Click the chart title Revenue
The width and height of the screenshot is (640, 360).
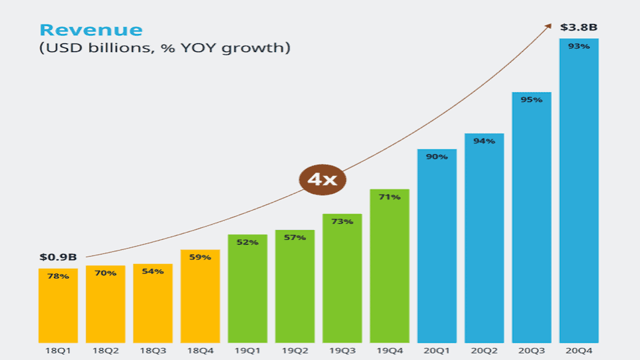(x=91, y=30)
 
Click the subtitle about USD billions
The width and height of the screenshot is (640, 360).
(x=165, y=49)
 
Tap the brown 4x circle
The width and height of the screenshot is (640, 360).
(x=322, y=179)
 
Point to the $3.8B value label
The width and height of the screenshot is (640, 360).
(x=578, y=27)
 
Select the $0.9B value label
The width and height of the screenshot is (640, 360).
(x=58, y=257)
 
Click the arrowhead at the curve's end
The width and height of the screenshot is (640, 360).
(x=548, y=25)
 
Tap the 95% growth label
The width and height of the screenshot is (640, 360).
(x=531, y=100)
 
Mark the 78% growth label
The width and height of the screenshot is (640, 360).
(x=58, y=276)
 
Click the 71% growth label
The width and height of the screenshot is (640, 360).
(x=389, y=197)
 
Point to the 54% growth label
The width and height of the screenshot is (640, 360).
(x=153, y=271)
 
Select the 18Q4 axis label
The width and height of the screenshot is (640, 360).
(x=200, y=350)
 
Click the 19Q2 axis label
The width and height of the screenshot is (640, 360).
(x=295, y=350)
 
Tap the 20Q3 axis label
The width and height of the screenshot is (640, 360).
(x=531, y=350)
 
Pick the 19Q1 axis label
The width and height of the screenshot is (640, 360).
(x=247, y=350)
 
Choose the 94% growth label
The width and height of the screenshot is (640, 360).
(x=484, y=141)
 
